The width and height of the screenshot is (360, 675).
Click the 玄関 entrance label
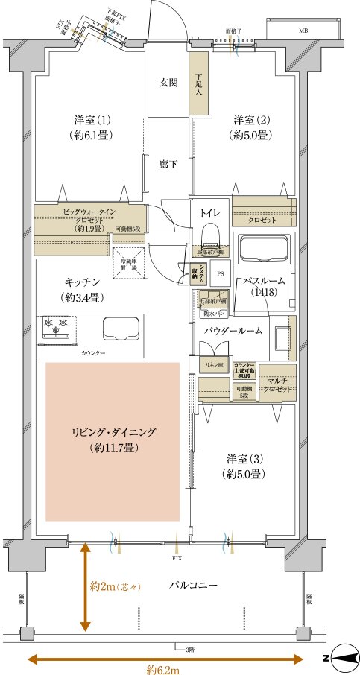(168, 83)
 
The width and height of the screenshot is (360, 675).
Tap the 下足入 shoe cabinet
(198, 83)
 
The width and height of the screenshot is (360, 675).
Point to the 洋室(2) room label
(251, 127)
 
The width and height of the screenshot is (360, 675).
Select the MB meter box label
(303, 31)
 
